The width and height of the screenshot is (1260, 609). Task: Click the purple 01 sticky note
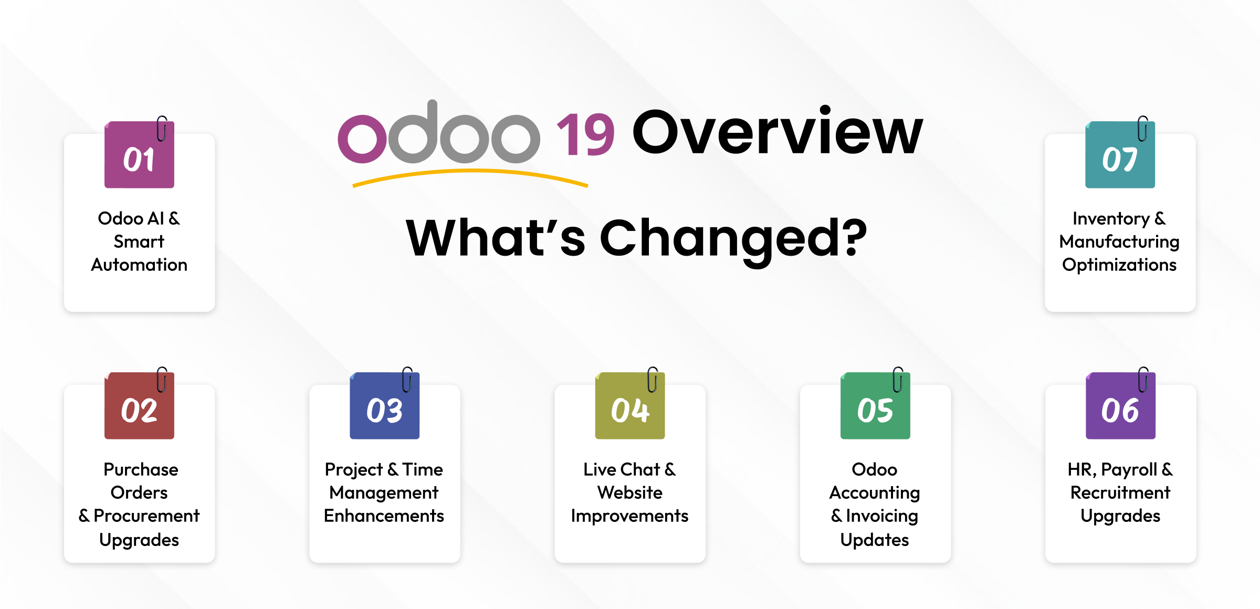139,155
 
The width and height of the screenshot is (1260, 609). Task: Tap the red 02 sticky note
139,406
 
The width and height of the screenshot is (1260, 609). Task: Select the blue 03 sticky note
384,406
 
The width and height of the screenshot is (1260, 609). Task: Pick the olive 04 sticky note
629,406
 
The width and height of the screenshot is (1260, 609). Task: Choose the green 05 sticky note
875,406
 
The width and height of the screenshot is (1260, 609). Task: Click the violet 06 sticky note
1120,406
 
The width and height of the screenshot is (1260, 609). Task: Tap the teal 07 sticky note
1120,155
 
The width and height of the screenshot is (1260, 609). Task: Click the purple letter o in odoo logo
362,139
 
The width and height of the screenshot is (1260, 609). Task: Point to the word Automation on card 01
139,265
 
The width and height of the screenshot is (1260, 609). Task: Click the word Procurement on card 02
146,516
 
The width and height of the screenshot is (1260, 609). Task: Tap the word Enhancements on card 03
384,516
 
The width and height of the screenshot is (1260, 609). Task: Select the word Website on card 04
629,492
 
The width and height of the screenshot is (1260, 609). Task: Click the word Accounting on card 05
875,492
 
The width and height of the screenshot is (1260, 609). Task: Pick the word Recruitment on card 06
1120,492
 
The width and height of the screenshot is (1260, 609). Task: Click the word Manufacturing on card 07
1119,241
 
